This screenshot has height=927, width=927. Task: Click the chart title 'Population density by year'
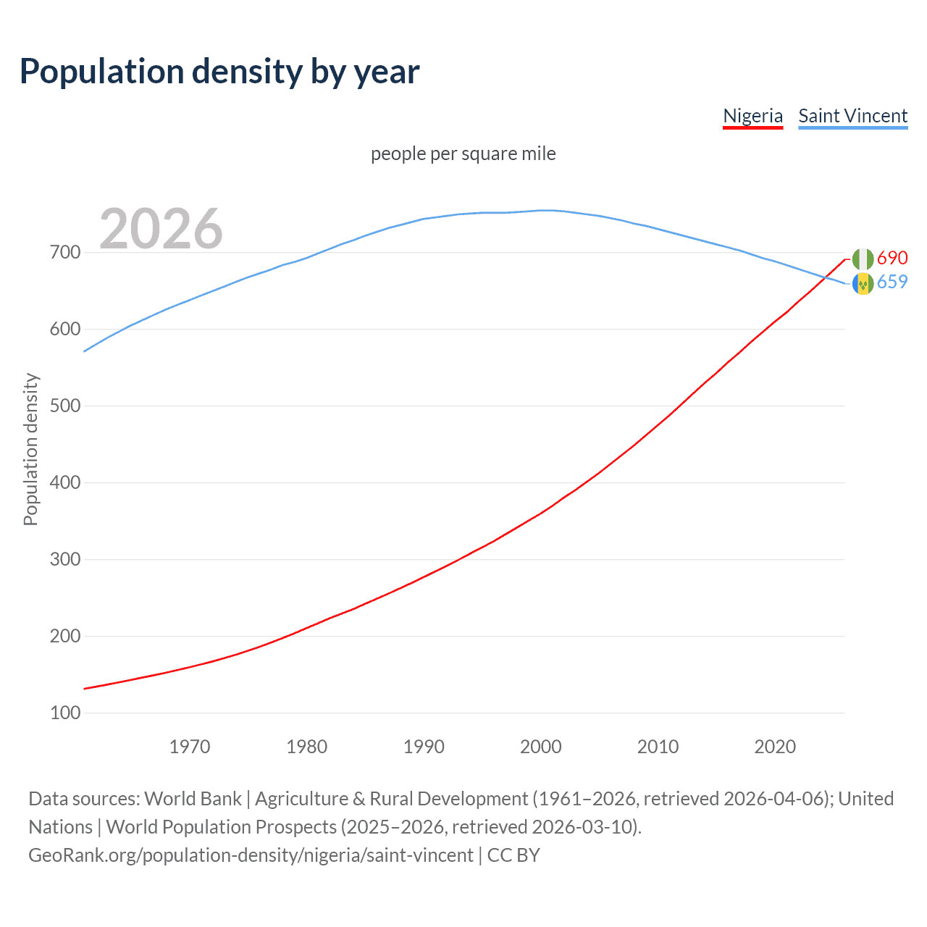[219, 72]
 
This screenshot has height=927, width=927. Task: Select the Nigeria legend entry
[752, 116]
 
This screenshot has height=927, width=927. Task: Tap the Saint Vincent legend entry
[852, 116]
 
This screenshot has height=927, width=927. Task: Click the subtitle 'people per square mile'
[463, 154]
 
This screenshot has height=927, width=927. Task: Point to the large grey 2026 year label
[161, 229]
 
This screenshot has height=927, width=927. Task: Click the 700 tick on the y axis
[65, 253]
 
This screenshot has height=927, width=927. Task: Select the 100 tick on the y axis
[65, 713]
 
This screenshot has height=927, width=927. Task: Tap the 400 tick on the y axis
[65, 482]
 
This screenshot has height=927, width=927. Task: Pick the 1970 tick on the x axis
[190, 747]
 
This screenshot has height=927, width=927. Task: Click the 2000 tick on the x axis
[541, 747]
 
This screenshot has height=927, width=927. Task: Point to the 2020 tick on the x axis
[775, 747]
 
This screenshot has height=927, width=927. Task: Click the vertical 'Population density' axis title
[30, 449]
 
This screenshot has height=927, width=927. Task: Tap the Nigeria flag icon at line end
[863, 259]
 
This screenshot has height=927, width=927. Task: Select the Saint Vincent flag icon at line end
[863, 283]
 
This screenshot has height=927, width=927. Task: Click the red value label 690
[892, 258]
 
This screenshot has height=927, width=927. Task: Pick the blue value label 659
[892, 282]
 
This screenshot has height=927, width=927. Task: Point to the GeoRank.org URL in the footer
[251, 855]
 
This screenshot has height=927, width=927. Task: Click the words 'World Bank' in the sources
[193, 799]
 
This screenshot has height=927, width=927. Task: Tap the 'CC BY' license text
[513, 855]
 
